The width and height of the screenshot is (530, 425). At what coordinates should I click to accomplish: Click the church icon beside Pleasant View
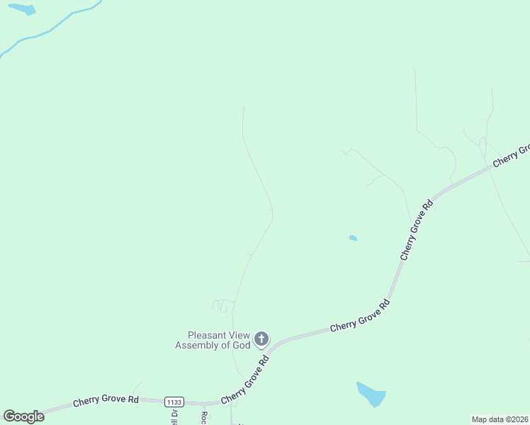[261, 339]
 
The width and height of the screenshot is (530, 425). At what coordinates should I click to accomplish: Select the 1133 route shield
[174, 402]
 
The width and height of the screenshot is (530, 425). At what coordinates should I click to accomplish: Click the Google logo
[23, 416]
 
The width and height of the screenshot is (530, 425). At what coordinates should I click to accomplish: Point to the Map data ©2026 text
[500, 419]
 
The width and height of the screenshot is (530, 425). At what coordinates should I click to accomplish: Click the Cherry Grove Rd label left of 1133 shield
[106, 401]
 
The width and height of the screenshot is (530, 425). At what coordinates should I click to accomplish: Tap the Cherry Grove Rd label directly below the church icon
[245, 380]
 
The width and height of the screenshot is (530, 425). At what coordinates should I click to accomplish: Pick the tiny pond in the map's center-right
[353, 239]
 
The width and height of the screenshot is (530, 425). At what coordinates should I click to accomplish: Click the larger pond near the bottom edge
[371, 394]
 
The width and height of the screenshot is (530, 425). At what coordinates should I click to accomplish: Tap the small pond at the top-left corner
[22, 9]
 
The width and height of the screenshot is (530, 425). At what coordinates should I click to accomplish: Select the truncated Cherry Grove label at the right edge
[512, 155]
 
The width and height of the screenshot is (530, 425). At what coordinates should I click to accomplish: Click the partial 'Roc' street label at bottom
[204, 417]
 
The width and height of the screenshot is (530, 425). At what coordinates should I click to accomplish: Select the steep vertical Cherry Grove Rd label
[416, 229]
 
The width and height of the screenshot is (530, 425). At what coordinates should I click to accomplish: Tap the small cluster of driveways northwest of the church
[222, 305]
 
